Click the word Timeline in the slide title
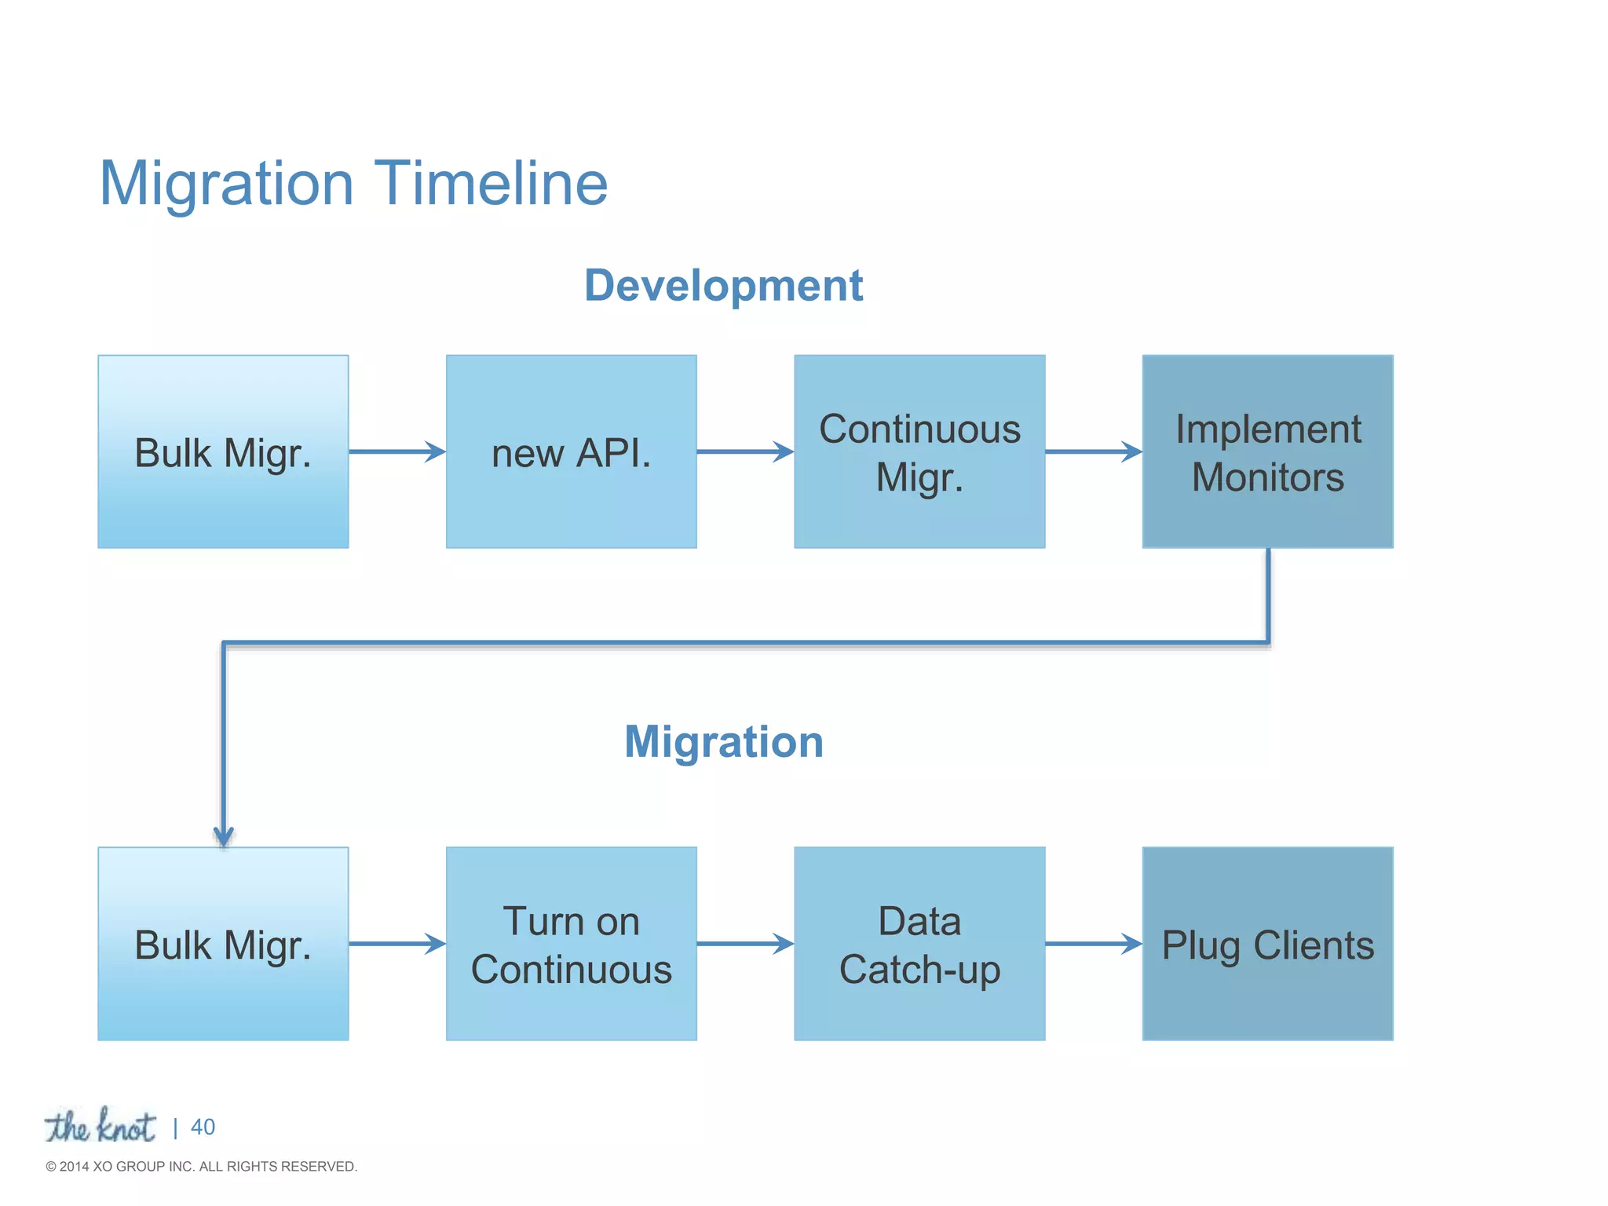[x=491, y=184]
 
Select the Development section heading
[x=723, y=285]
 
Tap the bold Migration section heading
[x=723, y=742]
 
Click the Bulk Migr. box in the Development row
[x=223, y=451]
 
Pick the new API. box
[x=571, y=451]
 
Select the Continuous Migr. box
[x=919, y=451]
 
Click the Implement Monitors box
[x=1267, y=451]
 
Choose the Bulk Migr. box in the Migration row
[x=223, y=944]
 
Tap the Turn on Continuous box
[x=571, y=944]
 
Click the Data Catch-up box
[x=919, y=944]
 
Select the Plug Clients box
[x=1267, y=944]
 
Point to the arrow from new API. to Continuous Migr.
[x=744, y=451]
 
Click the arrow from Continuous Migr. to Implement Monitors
[x=1093, y=451]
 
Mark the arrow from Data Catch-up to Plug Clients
[x=1093, y=944]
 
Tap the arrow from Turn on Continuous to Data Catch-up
[x=744, y=944]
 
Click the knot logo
[x=100, y=1127]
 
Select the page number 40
[x=203, y=1127]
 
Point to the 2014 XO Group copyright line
[x=202, y=1167]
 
